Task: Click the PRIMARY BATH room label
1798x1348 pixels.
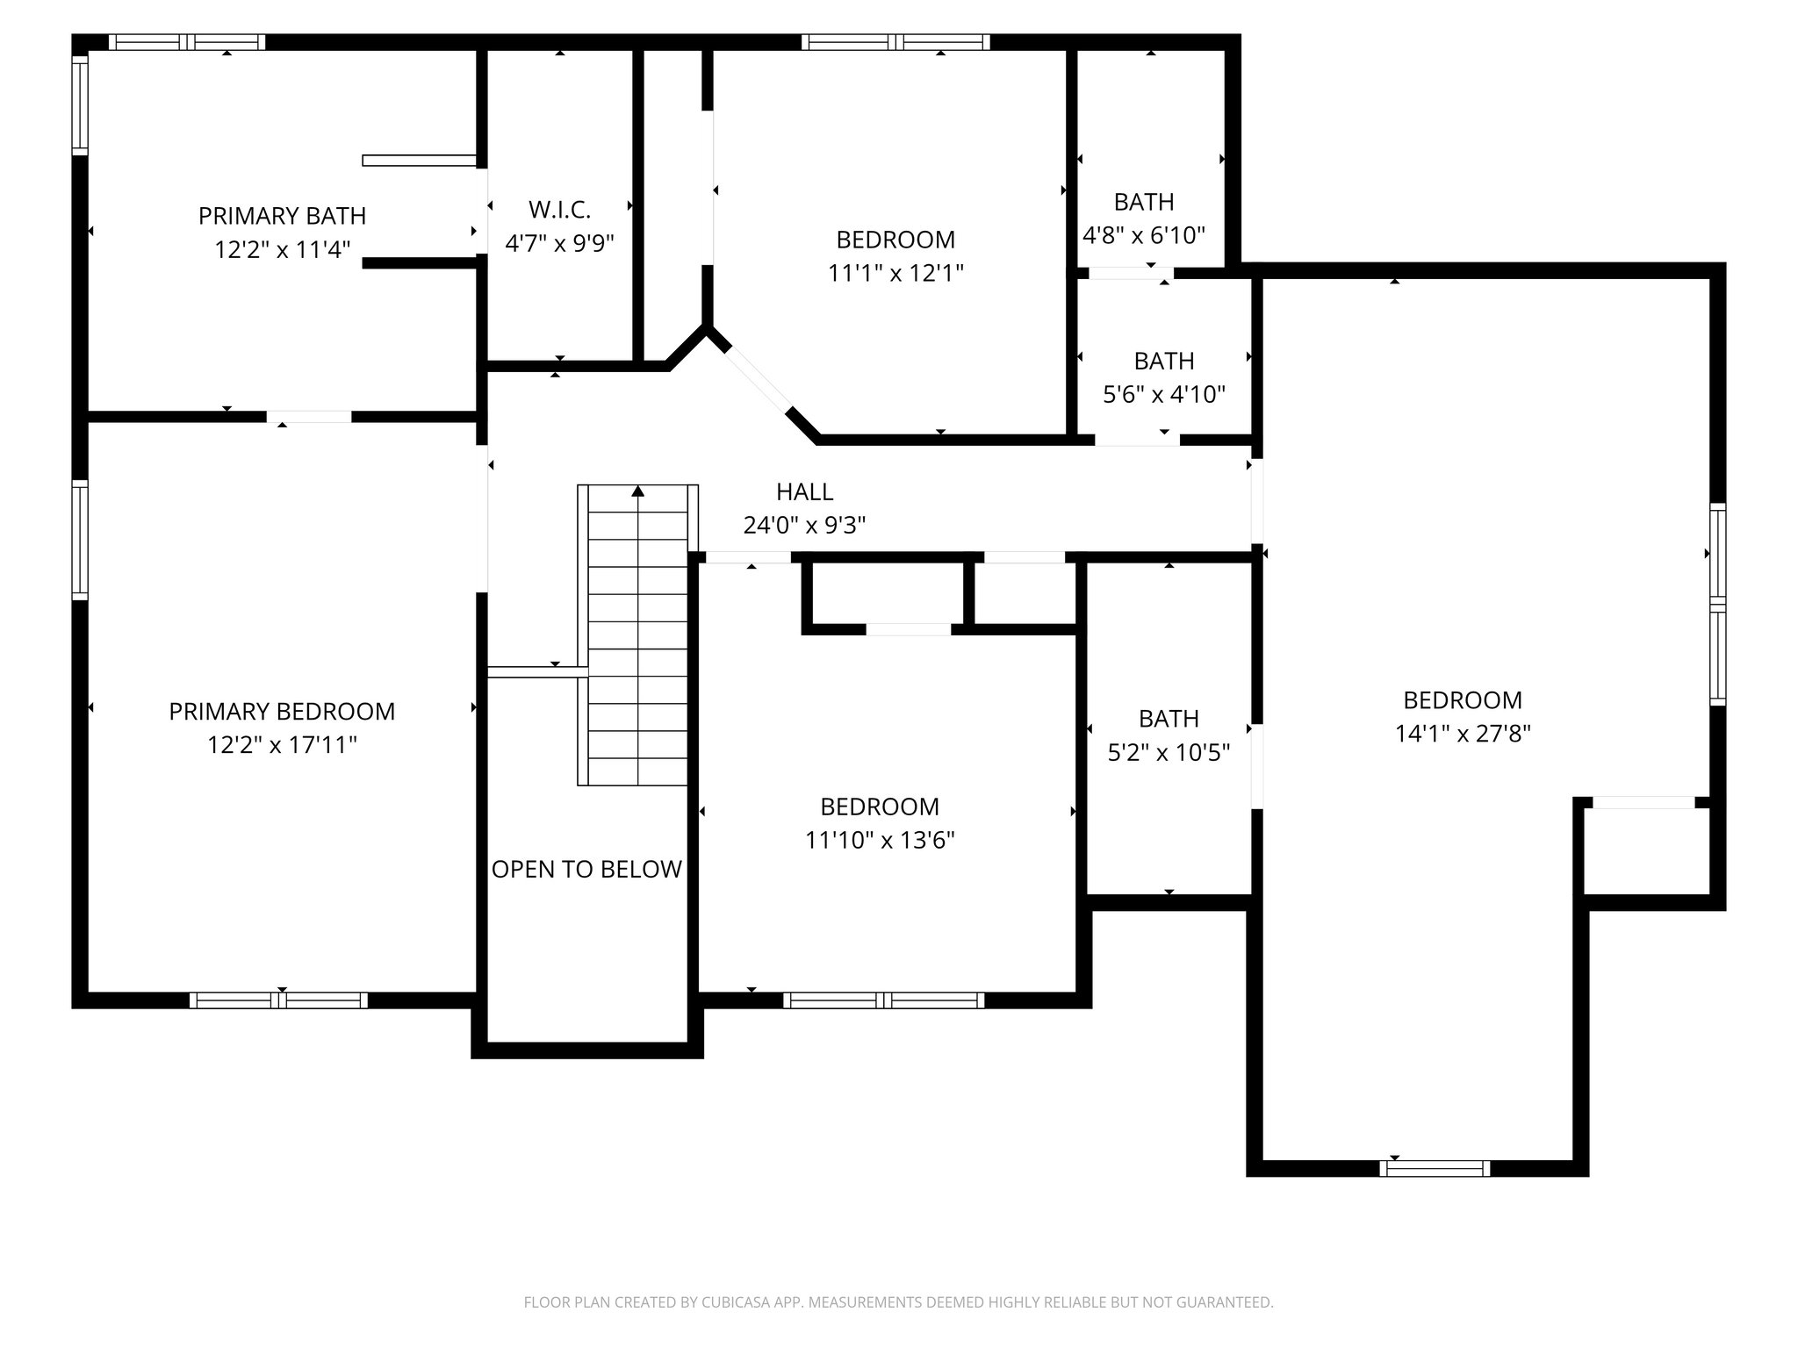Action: click(282, 216)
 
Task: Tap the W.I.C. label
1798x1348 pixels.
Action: click(559, 210)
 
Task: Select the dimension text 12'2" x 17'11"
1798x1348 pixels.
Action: click(282, 745)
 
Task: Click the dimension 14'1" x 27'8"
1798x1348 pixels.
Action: click(1463, 734)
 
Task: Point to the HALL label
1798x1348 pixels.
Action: click(804, 492)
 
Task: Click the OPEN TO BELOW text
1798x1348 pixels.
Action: click(586, 870)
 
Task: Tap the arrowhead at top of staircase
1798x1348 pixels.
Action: click(638, 492)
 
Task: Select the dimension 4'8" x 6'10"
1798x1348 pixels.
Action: click(1143, 235)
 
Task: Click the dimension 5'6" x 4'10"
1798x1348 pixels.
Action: click(1163, 395)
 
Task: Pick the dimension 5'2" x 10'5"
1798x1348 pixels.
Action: click(1168, 753)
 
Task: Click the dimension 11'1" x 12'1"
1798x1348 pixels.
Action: click(895, 274)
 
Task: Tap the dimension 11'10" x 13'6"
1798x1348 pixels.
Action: click(880, 841)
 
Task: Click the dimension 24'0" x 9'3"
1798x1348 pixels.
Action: click(804, 526)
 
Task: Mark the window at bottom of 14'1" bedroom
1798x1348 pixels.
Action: click(1435, 1168)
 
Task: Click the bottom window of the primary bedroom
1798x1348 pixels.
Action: click(278, 1000)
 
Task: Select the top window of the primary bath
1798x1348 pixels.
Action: click(186, 42)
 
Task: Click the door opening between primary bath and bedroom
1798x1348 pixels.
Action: click(309, 417)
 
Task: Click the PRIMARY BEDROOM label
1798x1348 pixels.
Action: click(282, 712)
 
